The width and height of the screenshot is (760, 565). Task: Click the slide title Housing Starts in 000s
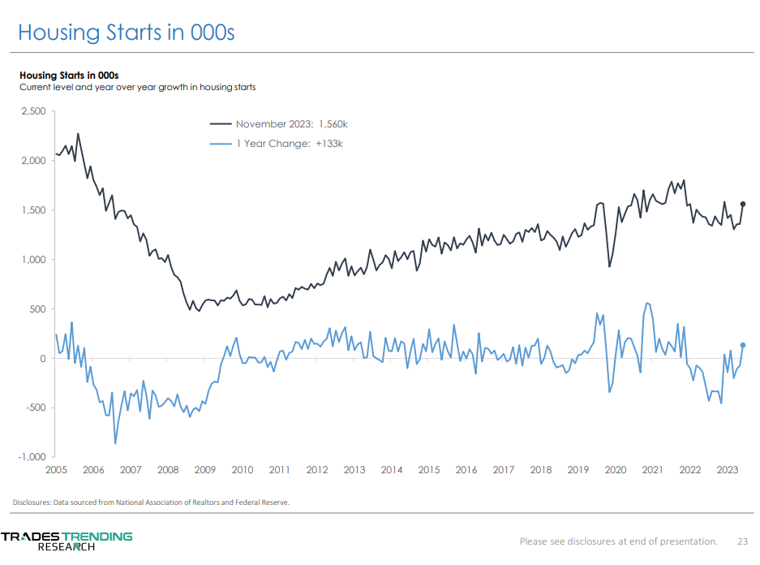click(x=126, y=32)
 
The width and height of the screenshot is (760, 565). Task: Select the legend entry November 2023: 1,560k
click(x=291, y=124)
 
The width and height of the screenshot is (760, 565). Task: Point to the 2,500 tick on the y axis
click(x=33, y=111)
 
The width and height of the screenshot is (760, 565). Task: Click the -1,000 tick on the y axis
click(x=32, y=457)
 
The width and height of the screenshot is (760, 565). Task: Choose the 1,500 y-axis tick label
click(x=33, y=210)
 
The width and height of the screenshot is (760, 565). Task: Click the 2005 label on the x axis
click(x=55, y=470)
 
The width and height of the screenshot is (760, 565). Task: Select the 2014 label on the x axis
click(x=392, y=470)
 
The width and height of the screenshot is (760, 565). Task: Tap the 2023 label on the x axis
click(x=728, y=470)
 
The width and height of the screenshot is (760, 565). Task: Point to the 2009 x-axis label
click(x=204, y=470)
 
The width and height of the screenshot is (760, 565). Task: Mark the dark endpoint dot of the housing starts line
click(x=743, y=204)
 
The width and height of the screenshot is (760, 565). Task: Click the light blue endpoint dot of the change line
click(x=743, y=345)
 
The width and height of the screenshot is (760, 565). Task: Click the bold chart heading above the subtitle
click(x=69, y=75)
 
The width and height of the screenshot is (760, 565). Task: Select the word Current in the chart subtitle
click(x=36, y=87)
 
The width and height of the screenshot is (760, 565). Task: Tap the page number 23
click(x=742, y=541)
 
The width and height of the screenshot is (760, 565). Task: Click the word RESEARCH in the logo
click(x=67, y=547)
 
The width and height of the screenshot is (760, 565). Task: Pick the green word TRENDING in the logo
click(x=98, y=537)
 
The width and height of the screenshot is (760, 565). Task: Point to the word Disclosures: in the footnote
click(x=32, y=502)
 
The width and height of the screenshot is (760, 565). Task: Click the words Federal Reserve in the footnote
click(x=261, y=502)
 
